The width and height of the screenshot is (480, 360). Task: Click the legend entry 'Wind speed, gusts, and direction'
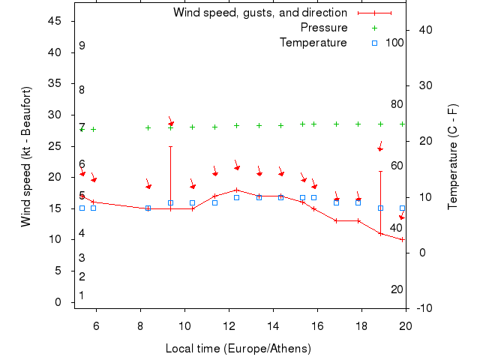point(259,13)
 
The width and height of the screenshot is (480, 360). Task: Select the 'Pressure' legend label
point(324,28)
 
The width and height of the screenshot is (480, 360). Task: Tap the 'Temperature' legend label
point(313,43)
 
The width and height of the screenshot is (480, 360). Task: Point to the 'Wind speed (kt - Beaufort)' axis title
point(25,157)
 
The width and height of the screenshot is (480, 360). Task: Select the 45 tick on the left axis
point(55,21)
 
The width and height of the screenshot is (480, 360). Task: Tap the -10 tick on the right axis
point(424,308)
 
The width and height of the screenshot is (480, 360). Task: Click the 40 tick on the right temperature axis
point(424,29)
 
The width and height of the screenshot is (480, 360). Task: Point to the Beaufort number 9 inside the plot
point(82,46)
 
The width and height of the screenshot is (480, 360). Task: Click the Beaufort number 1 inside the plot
point(82,295)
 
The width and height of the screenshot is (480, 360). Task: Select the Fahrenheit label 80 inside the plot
point(397,104)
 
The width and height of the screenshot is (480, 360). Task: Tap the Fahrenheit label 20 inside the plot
point(397,289)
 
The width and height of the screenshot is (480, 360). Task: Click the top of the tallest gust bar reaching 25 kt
point(170,146)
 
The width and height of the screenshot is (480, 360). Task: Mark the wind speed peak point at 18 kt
point(236,190)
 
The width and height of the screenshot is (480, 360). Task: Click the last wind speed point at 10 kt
point(403,239)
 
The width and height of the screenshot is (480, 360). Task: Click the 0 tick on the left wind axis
point(58,302)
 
